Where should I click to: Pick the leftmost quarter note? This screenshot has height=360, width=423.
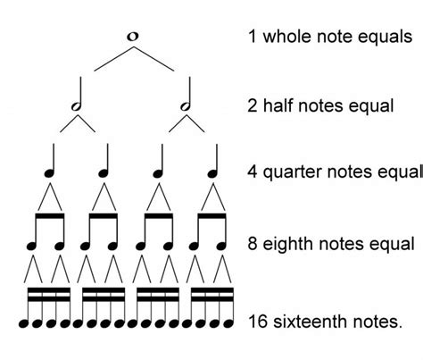click(51, 164)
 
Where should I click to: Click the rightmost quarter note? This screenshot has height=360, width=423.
click(213, 164)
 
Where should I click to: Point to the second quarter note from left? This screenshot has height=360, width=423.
click(104, 164)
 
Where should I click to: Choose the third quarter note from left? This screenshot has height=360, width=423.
click(159, 164)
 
